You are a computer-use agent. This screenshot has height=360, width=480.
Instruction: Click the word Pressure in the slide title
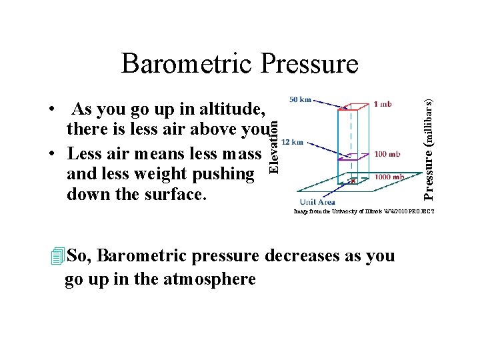310,64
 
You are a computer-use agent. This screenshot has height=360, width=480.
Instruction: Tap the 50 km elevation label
301,100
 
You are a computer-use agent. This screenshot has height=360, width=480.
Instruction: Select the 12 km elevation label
293,141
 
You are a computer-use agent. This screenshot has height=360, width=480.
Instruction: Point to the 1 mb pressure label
383,104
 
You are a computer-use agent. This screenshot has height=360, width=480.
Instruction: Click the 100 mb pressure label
387,154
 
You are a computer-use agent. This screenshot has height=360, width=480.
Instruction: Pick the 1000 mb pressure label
389,177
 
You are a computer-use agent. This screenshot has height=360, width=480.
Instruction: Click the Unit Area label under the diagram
317,202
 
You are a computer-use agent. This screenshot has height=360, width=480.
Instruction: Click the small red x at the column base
353,180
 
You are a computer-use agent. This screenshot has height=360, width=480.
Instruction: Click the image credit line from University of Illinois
364,211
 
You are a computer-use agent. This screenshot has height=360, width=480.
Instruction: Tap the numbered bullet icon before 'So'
57,256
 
